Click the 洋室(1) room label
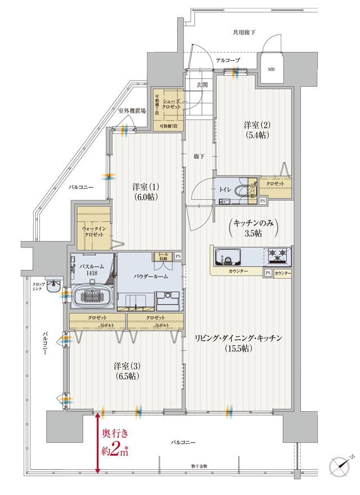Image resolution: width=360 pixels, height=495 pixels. [145, 192]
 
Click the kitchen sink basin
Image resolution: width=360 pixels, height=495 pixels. [227, 256]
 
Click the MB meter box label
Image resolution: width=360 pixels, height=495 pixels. [271, 69]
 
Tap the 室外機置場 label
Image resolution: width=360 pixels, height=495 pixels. [132, 111]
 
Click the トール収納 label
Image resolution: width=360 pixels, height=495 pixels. [165, 256]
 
